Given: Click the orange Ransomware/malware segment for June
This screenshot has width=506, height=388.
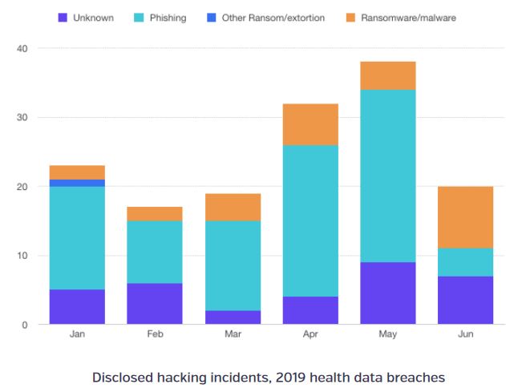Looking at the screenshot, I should click(464, 217).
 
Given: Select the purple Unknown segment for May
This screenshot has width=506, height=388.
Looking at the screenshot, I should click(387, 293).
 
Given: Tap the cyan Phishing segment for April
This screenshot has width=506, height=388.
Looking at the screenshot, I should click(310, 221).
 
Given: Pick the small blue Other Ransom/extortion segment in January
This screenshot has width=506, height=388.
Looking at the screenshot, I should click(76, 183).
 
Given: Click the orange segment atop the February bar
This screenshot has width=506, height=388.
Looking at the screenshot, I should click(154, 214).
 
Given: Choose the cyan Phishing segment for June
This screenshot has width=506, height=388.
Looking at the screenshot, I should click(464, 262).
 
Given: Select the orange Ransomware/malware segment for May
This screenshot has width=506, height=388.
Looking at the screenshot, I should click(387, 75).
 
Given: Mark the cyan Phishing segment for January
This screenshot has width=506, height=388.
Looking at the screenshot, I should click(76, 238).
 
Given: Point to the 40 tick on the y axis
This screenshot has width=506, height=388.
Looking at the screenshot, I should click(22, 49).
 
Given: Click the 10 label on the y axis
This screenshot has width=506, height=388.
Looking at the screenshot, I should click(22, 256).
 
